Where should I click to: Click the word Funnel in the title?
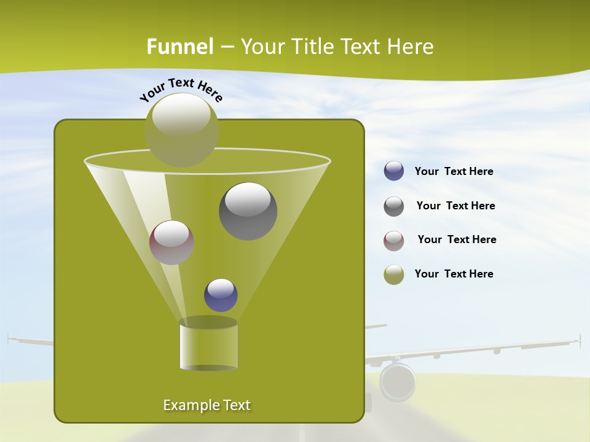(x=179, y=47)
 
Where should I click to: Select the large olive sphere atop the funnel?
(x=182, y=130)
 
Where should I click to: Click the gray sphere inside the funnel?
(x=248, y=211)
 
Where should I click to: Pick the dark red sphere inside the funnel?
(x=172, y=242)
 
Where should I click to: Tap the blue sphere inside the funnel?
(x=221, y=295)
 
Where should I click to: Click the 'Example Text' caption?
(x=207, y=405)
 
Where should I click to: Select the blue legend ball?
(x=394, y=171)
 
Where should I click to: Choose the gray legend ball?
(x=394, y=206)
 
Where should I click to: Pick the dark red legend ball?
(x=394, y=240)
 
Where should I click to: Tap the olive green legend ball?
(x=394, y=274)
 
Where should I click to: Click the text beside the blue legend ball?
(x=454, y=172)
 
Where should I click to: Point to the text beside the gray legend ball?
(x=455, y=206)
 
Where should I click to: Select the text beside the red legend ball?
(x=457, y=240)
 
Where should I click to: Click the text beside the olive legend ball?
(x=454, y=274)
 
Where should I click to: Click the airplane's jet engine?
(x=398, y=381)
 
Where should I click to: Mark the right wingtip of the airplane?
(x=578, y=340)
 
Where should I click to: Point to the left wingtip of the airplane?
(x=10, y=338)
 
